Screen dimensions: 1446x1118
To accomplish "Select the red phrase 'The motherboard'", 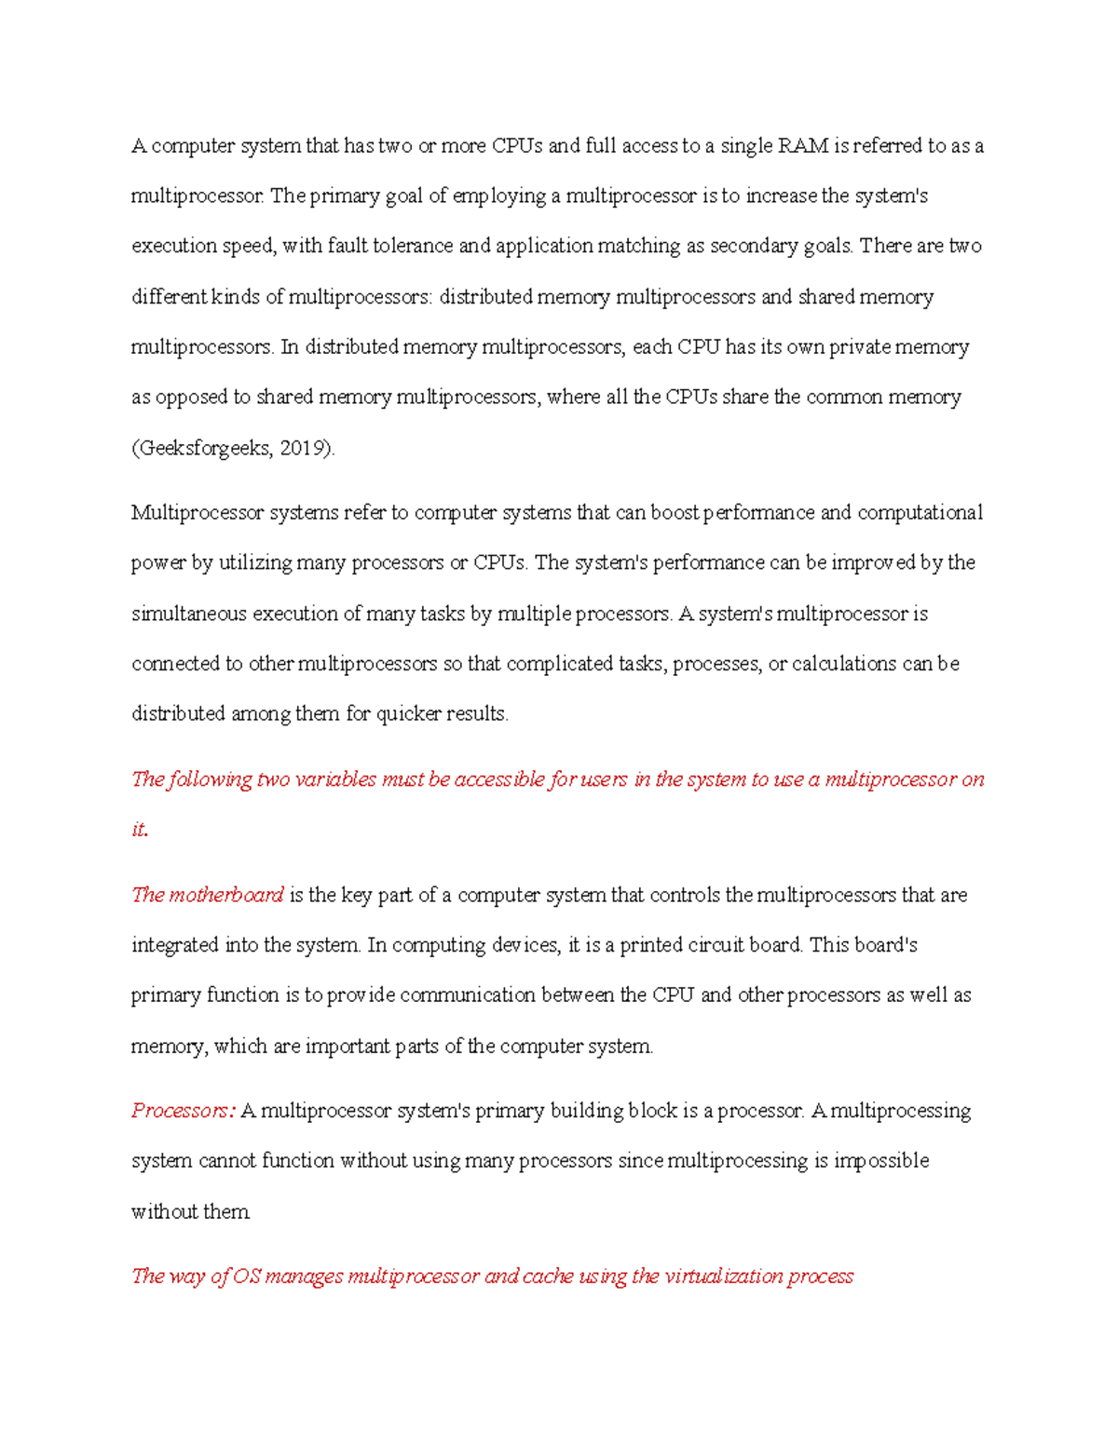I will point(207,895).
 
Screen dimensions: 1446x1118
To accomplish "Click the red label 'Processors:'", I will point(183,1111).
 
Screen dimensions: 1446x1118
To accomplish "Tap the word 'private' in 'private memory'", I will point(859,347).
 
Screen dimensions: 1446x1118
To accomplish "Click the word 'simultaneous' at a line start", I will point(189,614).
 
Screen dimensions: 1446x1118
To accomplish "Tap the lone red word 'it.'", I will point(140,830).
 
